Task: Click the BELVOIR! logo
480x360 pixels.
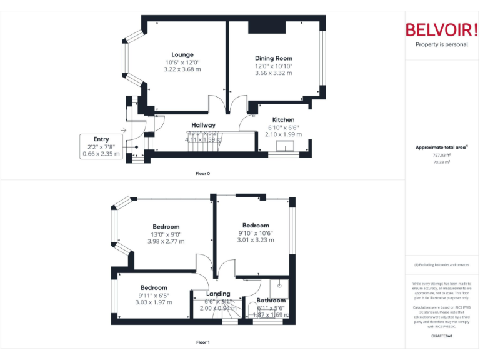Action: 441,30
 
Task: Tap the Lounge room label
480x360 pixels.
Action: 182,54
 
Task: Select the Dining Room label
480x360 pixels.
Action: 273,58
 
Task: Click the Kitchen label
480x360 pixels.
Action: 283,119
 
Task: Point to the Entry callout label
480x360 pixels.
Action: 101,139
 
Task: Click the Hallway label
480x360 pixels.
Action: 203,125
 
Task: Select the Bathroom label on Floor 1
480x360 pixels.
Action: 271,301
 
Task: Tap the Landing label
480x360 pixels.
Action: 218,294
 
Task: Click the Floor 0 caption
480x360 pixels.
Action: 202,173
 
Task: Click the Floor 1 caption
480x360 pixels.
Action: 202,342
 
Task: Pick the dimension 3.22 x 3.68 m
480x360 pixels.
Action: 182,69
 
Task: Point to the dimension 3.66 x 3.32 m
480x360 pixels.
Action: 273,73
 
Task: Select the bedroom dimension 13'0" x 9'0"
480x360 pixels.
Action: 166,234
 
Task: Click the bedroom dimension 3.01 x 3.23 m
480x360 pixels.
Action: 256,240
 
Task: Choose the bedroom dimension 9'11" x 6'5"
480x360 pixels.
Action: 153,296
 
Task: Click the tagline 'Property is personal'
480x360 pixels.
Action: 441,45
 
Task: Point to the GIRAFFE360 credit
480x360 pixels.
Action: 441,336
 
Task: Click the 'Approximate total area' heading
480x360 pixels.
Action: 441,147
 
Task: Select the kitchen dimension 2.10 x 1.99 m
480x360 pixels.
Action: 283,134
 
